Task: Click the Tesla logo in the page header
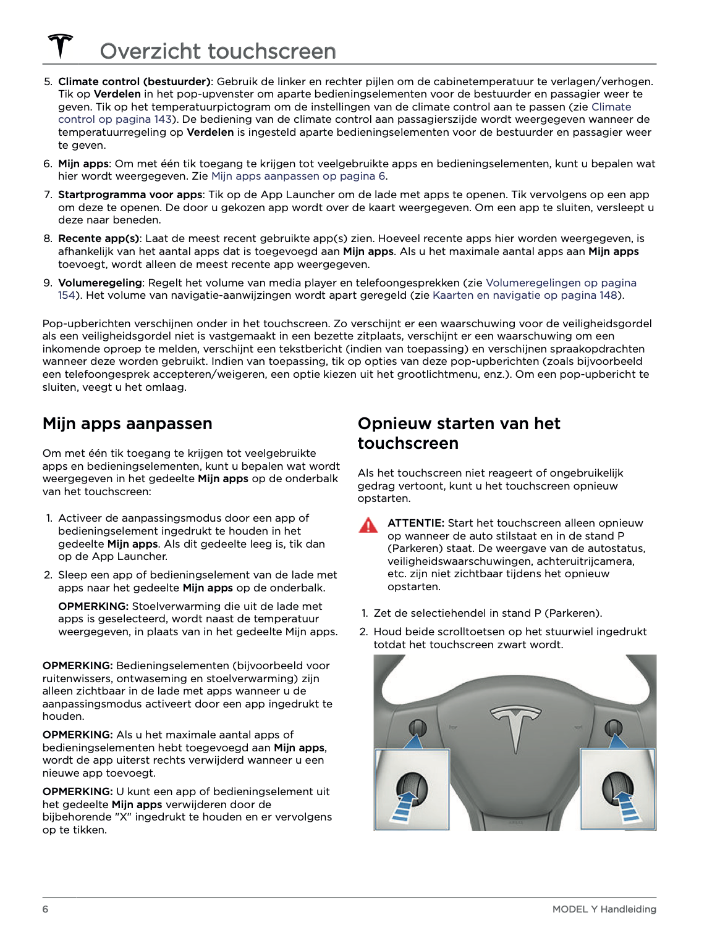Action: pos(61,46)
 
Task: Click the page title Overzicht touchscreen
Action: pos(218,51)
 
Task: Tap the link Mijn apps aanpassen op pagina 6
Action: pos(299,176)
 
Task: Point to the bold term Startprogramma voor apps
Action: pos(130,194)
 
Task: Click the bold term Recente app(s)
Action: pos(99,238)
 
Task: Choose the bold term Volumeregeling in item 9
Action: pos(100,283)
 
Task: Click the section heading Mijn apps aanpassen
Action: pos(127,424)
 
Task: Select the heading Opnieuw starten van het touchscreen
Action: pos(459,433)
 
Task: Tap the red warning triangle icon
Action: pos(368,525)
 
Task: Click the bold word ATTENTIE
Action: pos(415,523)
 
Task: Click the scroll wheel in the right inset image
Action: pos(619,787)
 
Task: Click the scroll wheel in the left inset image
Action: pos(412,787)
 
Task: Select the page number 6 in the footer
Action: pos(45,909)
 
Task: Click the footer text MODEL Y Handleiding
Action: pos(604,909)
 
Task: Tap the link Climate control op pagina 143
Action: pos(115,119)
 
